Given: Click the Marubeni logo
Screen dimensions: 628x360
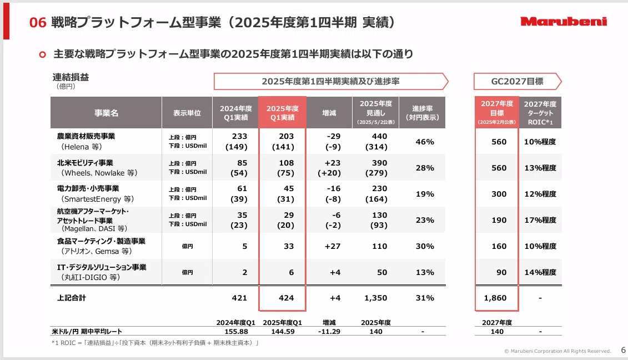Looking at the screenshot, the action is point(564,22).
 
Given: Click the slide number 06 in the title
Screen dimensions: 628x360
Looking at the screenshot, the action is point(38,22).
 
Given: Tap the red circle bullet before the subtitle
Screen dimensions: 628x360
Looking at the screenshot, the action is point(42,54).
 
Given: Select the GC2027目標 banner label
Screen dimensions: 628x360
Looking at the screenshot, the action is point(517,81).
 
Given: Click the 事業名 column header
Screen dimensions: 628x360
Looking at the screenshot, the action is point(106,113).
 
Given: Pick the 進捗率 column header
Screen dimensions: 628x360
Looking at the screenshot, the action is point(422,113).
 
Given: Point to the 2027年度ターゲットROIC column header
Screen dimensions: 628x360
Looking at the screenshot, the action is point(540,113).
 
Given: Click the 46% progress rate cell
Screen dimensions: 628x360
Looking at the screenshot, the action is point(425,142).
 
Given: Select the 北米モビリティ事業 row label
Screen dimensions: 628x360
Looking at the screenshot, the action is point(85,163).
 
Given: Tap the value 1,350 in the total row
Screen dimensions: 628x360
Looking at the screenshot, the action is point(376,298).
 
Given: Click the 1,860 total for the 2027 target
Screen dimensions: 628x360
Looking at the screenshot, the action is point(495,298).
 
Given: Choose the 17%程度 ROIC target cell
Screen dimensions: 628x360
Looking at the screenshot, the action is point(540,220).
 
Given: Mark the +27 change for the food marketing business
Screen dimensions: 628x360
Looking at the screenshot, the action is point(333,246).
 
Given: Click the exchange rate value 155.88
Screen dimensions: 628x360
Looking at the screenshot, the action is point(236,332).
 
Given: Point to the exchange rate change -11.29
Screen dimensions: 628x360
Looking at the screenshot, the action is point(329,332).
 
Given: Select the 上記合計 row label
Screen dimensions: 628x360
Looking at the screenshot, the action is point(71,298).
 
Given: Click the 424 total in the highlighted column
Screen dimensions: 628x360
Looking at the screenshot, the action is point(286,298).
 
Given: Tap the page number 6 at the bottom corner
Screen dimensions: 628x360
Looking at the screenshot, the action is point(623,350).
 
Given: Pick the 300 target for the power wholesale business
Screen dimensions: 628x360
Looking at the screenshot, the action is point(499,194).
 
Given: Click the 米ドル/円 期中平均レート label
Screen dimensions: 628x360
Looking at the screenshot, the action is point(87,332).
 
